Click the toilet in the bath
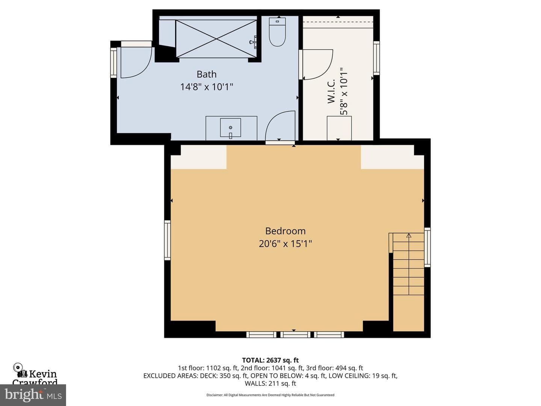[x=277, y=32]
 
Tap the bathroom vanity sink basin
[x=230, y=127]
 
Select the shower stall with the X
[x=216, y=39]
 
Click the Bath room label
[x=207, y=74]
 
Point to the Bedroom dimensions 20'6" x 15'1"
[x=286, y=244]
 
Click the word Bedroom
[x=286, y=231]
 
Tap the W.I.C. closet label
[x=331, y=91]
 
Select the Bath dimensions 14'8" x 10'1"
[x=207, y=87]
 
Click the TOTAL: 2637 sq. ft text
[x=270, y=360]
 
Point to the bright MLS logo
[x=33, y=395]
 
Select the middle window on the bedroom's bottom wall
[x=295, y=335]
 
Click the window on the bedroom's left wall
[x=167, y=240]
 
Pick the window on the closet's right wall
[x=376, y=58]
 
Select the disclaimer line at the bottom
[x=270, y=395]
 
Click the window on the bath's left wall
[x=113, y=63]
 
